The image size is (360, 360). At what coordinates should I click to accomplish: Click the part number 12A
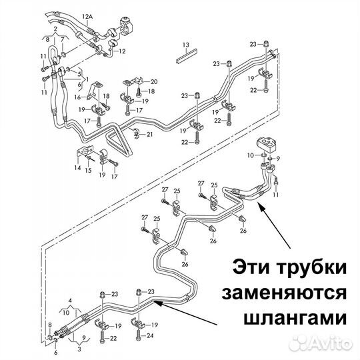pos(87,17)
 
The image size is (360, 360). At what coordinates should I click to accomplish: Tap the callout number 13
pos(186,45)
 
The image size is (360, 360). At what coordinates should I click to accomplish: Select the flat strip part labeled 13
pos(187,57)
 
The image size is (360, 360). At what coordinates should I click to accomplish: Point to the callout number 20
pos(154,81)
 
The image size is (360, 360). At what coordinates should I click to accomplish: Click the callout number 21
pos(149,134)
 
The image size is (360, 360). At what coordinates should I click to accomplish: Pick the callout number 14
pos(77,168)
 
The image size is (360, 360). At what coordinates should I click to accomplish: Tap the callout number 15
pos(89,171)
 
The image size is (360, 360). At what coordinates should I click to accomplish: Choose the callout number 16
pos(77,97)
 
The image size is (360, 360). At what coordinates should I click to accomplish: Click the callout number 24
pos(150,335)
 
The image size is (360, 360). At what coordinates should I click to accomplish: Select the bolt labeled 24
pos(138,336)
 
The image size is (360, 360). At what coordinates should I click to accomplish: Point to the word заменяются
pos(284,294)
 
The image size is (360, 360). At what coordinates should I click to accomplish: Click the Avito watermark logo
pos(321,343)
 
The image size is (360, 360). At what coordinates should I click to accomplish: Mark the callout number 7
pos(62,40)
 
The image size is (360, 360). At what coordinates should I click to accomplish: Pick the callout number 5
pos(79,74)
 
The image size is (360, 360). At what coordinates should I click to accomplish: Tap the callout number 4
pos(70,300)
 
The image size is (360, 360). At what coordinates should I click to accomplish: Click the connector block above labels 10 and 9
pos(266,144)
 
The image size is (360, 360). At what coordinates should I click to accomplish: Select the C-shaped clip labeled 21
pos(135,133)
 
